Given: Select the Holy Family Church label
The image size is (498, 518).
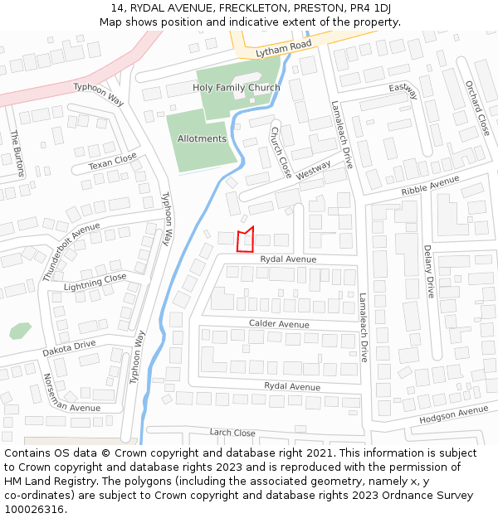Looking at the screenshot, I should click(x=237, y=88).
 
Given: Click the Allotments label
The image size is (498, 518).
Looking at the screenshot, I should click(x=202, y=139).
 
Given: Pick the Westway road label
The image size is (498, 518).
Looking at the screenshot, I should click(x=313, y=170).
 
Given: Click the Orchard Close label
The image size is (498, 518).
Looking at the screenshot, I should click(x=478, y=108).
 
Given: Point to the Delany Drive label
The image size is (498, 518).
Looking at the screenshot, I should click(x=429, y=271).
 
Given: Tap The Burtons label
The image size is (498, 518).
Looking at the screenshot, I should click(x=17, y=153).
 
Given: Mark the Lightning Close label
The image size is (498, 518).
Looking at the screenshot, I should click(x=95, y=282).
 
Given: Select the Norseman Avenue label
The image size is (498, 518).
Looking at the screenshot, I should click(x=72, y=396).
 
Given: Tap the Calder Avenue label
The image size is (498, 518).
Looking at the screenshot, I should click(x=279, y=324).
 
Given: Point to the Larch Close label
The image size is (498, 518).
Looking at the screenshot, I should click(x=232, y=433).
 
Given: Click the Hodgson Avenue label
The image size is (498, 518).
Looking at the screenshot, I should click(x=454, y=414).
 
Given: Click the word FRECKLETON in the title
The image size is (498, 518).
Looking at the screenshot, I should click(x=253, y=8).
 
